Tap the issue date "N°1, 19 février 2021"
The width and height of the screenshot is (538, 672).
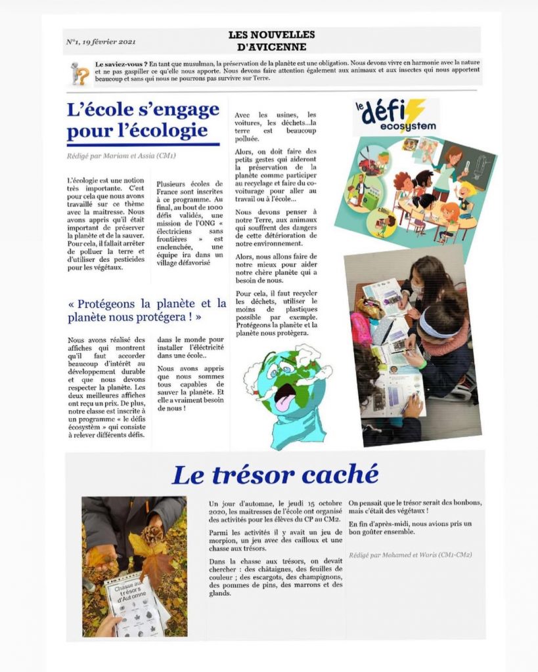click(x=101, y=42)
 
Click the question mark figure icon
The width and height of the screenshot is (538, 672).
click(x=79, y=73)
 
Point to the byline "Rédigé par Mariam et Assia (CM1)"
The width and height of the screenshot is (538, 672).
click(x=121, y=156)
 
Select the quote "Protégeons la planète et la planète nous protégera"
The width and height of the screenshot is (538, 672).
click(x=146, y=310)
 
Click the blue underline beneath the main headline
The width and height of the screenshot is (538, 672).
click(x=143, y=144)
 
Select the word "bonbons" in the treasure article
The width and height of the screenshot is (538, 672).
click(x=466, y=503)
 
